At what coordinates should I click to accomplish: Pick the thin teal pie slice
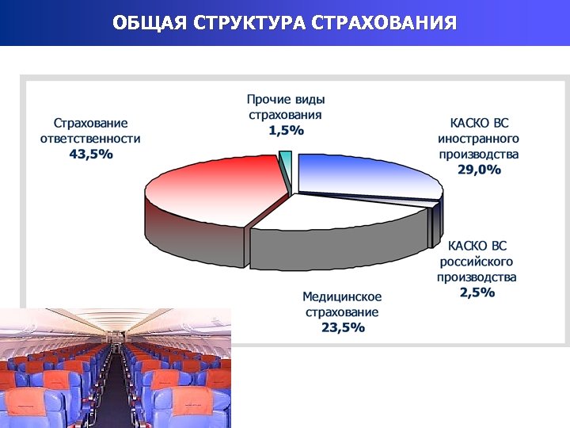tap(285, 163)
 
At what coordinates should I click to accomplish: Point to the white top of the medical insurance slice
tap(340, 212)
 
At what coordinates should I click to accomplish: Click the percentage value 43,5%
tap(91, 155)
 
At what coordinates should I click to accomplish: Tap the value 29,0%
tap(479, 170)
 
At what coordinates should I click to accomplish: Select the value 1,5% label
tap(286, 131)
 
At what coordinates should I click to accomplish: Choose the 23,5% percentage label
tap(343, 327)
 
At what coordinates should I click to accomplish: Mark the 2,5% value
tap(477, 292)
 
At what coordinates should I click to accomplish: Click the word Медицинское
tap(342, 296)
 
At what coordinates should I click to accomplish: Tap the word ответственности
tap(90, 139)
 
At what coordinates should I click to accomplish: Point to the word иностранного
tap(479, 139)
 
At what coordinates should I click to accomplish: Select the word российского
tap(477, 262)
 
